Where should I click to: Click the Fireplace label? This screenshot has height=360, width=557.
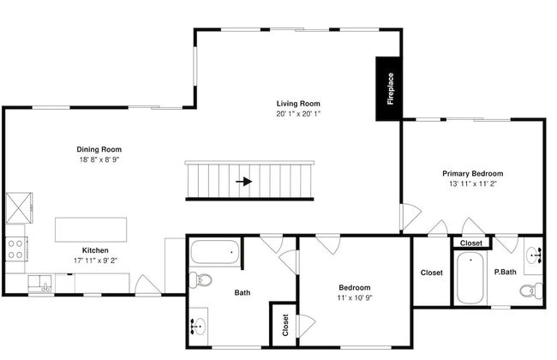pos(391,88)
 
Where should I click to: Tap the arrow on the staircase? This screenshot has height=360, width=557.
pos(244,182)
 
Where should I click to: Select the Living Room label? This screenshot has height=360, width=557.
pos(298,104)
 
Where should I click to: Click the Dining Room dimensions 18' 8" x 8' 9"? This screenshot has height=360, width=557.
pos(99,159)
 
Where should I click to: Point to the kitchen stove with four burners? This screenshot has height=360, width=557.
pos(16,249)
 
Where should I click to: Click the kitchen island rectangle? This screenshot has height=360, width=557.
pos(91,230)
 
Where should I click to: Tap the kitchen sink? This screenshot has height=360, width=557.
pos(39,284)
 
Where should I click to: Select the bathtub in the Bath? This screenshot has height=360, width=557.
pos(214,252)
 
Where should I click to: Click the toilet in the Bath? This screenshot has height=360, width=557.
pos(201,279)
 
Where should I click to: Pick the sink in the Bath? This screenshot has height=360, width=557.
pos(198,327)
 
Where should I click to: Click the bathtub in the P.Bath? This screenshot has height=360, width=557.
pos(470,278)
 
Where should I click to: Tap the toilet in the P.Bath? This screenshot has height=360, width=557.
pos(531,291)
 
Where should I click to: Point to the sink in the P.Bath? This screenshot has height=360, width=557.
pos(534,255)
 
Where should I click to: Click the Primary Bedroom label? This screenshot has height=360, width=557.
pos(473,173)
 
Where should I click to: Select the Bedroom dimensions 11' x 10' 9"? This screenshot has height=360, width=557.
pos(355,297)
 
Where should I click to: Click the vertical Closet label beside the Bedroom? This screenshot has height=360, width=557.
pos(285,325)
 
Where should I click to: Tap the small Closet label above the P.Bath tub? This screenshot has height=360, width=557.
pos(471,243)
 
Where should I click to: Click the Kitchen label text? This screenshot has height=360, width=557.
pos(95,250)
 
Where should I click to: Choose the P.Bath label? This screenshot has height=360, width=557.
pos(505,272)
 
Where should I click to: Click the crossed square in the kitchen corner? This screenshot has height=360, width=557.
pos(19,208)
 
